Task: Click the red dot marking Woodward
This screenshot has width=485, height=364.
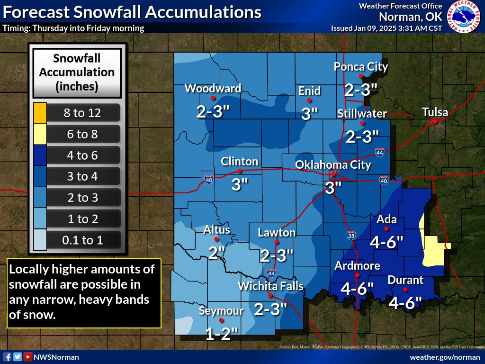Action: tap(213, 98)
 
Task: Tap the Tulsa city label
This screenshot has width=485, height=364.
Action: tap(435, 112)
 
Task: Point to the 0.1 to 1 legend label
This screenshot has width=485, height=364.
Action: tap(82, 240)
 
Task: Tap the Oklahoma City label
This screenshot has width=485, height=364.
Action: tap(333, 164)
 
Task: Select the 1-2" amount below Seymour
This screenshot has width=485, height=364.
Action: tap(221, 334)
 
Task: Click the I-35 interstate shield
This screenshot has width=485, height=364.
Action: tap(350, 234)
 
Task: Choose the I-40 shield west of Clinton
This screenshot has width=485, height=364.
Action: tap(209, 179)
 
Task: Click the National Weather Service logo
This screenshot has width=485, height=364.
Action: tap(465, 17)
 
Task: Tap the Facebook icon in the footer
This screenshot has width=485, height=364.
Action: tap(7, 357)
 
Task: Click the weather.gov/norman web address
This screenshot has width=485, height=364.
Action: tap(445, 357)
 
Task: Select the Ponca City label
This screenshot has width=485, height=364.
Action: tap(361, 67)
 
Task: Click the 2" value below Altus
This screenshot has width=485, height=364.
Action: tap(216, 253)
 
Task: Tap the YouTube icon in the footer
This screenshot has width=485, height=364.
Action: tap(28, 357)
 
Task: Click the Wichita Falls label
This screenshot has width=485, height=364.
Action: tap(270, 286)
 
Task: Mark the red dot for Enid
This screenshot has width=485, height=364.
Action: tap(309, 100)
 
